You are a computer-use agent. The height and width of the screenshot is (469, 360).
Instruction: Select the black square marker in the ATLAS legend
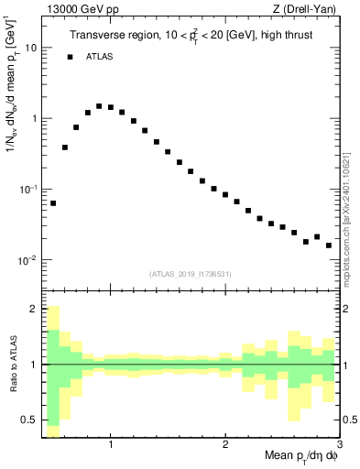pyautogui.click(x=70, y=57)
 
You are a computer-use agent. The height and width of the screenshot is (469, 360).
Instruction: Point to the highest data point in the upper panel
pyautogui.click(x=99, y=106)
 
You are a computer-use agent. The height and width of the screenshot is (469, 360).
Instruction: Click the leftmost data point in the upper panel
pyautogui.click(x=53, y=203)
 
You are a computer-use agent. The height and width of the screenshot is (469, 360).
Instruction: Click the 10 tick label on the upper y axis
pyautogui.click(x=29, y=48)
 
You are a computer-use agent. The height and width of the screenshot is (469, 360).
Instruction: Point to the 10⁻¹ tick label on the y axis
pyautogui.click(x=27, y=189)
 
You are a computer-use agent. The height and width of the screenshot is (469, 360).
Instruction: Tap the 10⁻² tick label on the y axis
pyautogui.click(x=27, y=260)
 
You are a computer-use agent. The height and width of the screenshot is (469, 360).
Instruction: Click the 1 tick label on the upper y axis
pyautogui.click(x=33, y=118)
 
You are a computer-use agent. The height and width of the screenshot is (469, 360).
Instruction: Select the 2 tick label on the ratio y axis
pyautogui.click(x=33, y=309)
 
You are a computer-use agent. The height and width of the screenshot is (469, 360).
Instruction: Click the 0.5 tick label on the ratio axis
pyautogui.click(x=29, y=420)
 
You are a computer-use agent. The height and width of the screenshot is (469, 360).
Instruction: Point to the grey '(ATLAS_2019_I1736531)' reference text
pyautogui.click(x=191, y=273)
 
